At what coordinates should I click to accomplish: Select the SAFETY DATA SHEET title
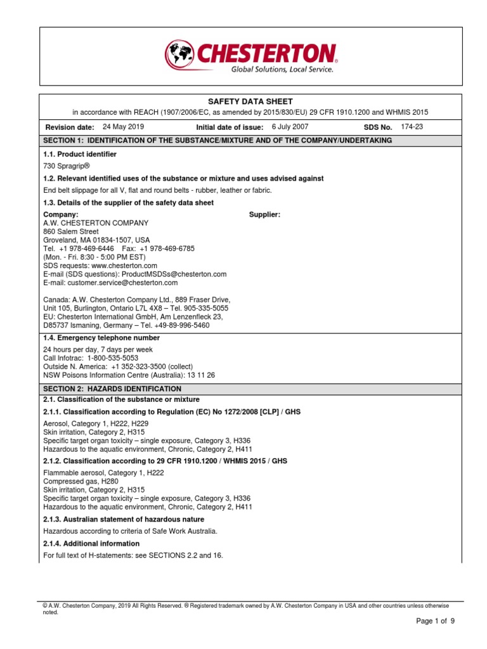coord(250,101)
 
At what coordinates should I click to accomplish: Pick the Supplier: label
coord(265,214)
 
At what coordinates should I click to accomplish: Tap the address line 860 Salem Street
coord(70,232)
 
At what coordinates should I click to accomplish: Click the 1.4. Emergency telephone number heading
coord(101,338)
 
